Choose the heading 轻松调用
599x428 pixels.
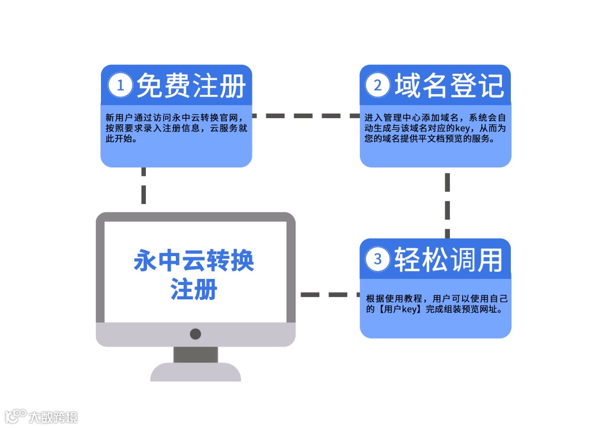[449, 259]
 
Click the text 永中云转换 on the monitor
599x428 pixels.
[194, 261]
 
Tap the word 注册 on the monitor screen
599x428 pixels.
[194, 289]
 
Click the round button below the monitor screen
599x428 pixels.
[195, 334]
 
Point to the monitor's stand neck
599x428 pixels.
[195, 355]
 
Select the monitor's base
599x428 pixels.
[195, 372]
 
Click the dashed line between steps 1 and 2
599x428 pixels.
[306, 116]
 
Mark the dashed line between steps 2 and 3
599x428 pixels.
[447, 203]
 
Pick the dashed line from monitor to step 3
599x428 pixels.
[329, 294]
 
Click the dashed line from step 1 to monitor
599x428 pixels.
[144, 186]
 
